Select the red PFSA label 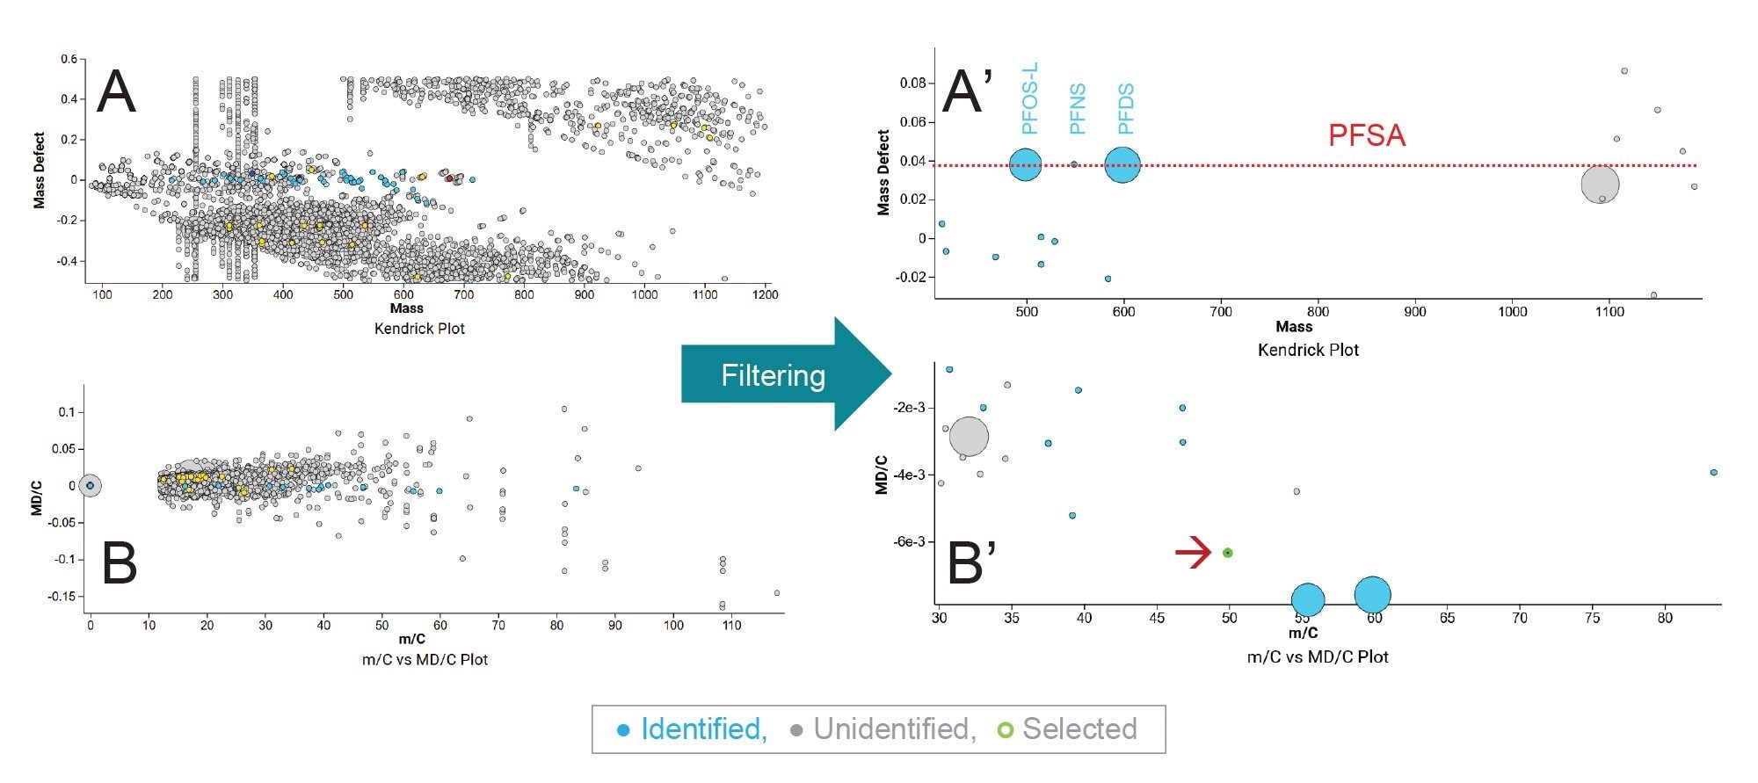[x=1366, y=135]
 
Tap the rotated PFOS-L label [x=1029, y=98]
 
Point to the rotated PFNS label [x=1077, y=109]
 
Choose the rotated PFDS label [x=1125, y=109]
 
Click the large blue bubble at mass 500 [x=1025, y=164]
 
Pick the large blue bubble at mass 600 [x=1122, y=164]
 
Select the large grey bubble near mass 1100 [x=1600, y=185]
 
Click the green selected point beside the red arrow [x=1228, y=553]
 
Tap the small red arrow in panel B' [x=1194, y=553]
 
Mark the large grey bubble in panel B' [x=969, y=436]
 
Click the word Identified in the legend [x=703, y=729]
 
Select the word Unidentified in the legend [x=894, y=729]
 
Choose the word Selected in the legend [x=1079, y=729]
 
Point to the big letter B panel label [x=120, y=563]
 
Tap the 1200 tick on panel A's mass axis [x=765, y=294]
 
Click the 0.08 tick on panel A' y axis [x=912, y=83]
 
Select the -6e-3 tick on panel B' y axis [x=909, y=541]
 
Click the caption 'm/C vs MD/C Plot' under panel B [x=425, y=659]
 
